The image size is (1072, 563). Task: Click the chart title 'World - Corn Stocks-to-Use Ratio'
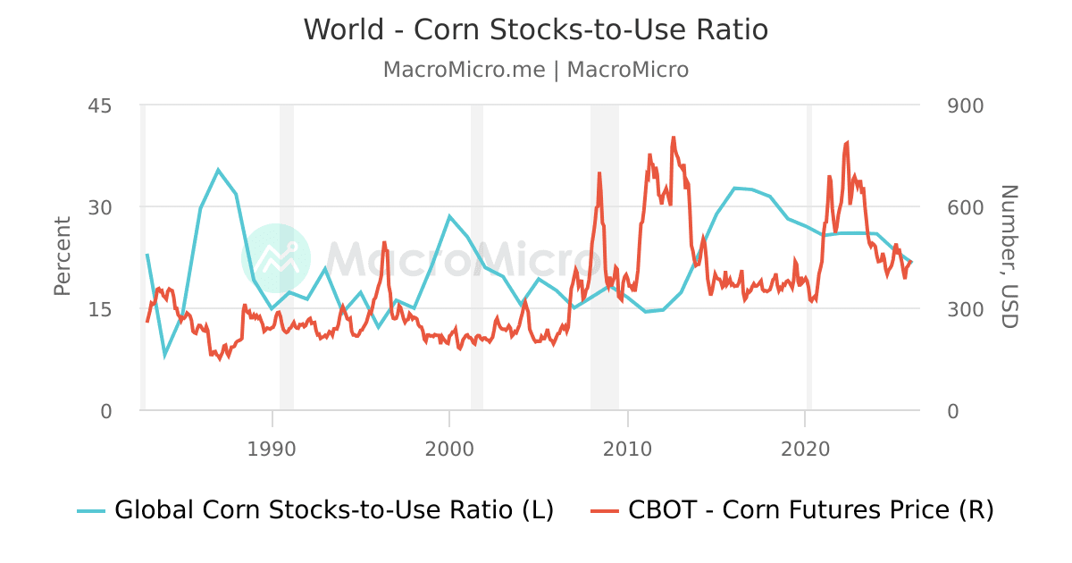point(536,29)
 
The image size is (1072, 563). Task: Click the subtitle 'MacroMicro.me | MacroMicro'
point(536,70)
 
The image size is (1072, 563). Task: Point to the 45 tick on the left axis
point(99,105)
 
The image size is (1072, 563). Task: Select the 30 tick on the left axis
point(99,207)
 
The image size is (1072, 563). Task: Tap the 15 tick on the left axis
point(99,309)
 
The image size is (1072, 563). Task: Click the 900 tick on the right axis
point(964,105)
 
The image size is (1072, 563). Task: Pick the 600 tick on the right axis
point(964,207)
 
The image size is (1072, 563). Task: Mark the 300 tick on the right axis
point(964,309)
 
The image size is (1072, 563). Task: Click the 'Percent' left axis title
point(63,256)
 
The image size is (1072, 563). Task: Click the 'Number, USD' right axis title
point(1009,256)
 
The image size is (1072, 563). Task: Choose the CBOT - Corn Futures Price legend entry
point(792,510)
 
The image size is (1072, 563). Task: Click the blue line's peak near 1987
point(218,169)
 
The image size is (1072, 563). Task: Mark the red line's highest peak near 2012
point(673,138)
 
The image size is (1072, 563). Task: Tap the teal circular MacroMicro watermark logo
point(276,258)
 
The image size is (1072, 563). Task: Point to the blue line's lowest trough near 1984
point(164,356)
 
